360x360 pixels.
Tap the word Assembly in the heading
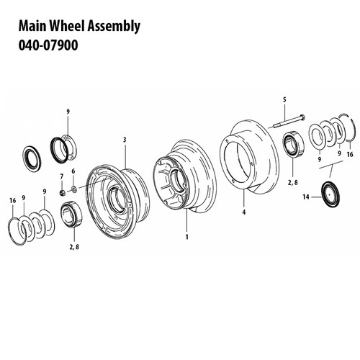click(x=114, y=27)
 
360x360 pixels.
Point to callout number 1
click(x=187, y=235)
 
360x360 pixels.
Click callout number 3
click(x=125, y=139)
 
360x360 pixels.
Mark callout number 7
click(x=62, y=176)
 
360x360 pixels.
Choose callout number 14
click(x=307, y=197)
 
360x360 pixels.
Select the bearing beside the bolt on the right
click(x=294, y=145)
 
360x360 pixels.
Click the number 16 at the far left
click(x=12, y=199)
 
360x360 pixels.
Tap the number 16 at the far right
click(x=349, y=155)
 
